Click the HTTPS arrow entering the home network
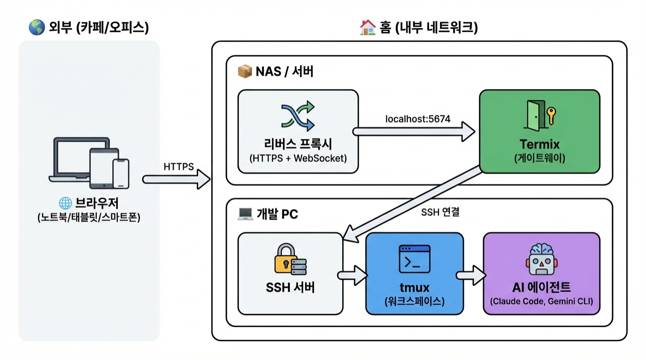176,179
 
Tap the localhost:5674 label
418,119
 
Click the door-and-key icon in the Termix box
539,115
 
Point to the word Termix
539,143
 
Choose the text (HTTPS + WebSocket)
298,158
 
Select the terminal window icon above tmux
414,259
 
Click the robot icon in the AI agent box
541,259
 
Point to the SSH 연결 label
440,212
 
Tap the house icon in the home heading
368,28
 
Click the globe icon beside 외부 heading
37,28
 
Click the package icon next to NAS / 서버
245,72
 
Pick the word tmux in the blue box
414,287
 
